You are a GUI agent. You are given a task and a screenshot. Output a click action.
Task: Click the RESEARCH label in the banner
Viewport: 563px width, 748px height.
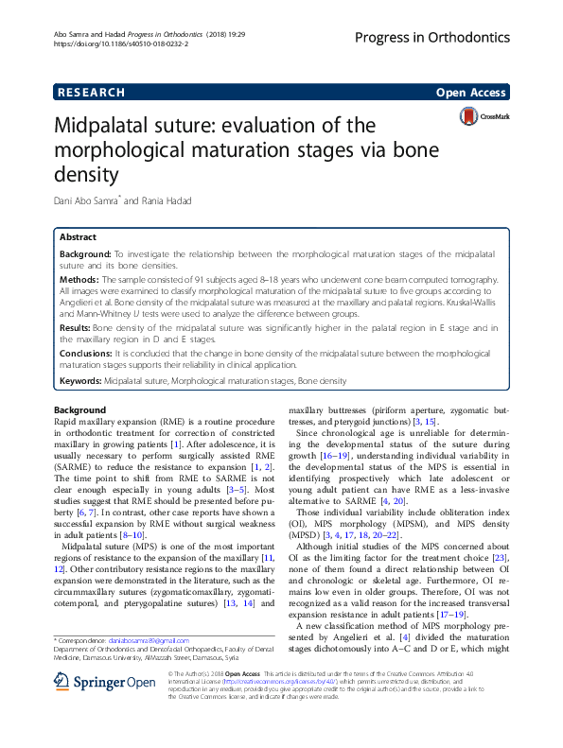pos(91,93)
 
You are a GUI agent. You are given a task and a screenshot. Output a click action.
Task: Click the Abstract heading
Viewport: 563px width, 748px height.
pos(78,237)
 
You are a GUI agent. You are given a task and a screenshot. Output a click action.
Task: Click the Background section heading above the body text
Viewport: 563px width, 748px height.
pos(80,409)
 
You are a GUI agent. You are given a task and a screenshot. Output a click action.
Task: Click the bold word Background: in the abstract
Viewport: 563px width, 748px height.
pos(86,255)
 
